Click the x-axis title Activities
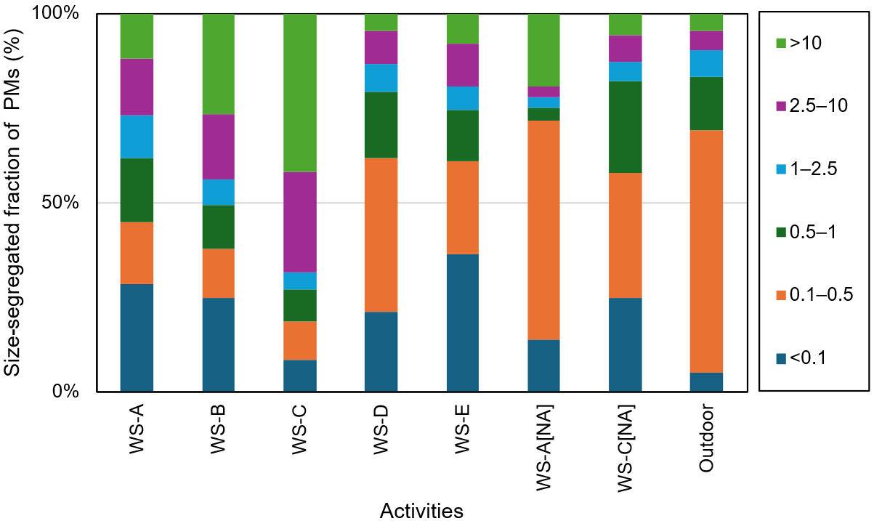click(x=421, y=510)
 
